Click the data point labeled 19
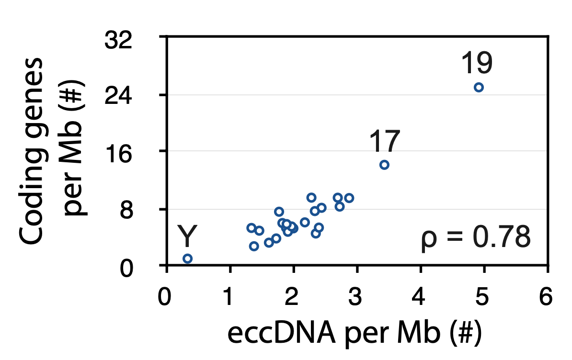pyautogui.click(x=478, y=87)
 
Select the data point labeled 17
pyautogui.click(x=384, y=165)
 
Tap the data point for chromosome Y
pyautogui.click(x=187, y=259)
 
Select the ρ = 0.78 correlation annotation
pyautogui.click(x=476, y=238)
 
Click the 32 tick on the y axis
pyautogui.click(x=118, y=41)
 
